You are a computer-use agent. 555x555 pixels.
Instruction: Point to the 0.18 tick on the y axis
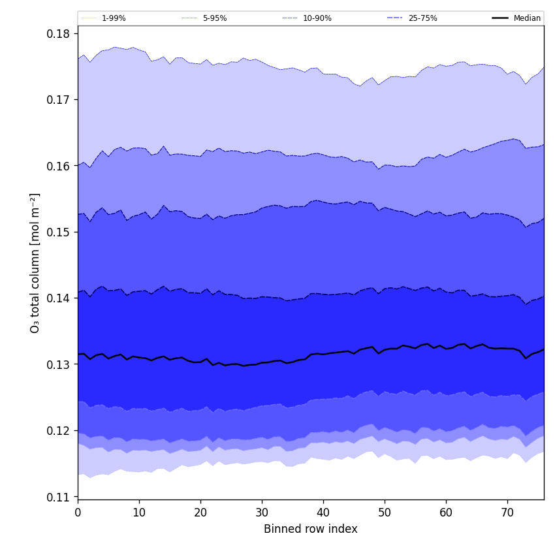[59, 33]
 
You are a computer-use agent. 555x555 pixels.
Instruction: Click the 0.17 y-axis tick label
[59, 100]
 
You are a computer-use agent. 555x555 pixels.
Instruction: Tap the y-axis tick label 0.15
[59, 232]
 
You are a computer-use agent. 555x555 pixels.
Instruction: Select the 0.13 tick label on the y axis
[59, 364]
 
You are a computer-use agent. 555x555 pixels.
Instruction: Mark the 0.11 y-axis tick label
[59, 497]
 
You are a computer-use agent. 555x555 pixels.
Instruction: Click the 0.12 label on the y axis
[59, 431]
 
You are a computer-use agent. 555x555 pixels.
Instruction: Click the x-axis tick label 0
[78, 513]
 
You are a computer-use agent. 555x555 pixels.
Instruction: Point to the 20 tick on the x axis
[200, 513]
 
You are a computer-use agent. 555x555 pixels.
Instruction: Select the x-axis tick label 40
[323, 513]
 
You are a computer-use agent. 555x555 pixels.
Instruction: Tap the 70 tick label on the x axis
[507, 513]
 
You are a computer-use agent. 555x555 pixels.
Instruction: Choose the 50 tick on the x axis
[385, 513]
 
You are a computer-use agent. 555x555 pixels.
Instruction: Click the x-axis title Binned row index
[311, 529]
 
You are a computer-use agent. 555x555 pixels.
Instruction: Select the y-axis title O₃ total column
[35, 262]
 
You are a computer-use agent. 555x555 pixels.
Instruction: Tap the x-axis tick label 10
[139, 513]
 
